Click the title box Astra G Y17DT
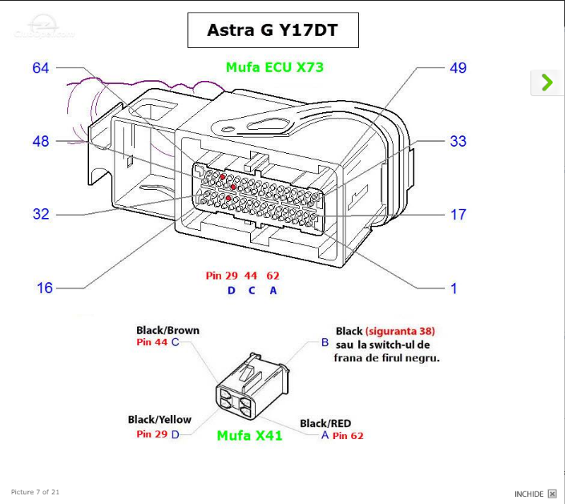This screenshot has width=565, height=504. [272, 30]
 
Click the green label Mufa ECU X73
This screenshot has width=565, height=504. [275, 67]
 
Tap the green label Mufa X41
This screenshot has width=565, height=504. [249, 436]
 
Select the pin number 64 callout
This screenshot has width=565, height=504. [41, 68]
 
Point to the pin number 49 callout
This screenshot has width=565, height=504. [458, 68]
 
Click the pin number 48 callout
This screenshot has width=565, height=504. [41, 141]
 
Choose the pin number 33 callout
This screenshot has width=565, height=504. [458, 141]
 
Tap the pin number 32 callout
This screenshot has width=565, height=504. [41, 214]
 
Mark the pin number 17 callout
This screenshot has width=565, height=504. [458, 214]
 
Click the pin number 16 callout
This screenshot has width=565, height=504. [45, 287]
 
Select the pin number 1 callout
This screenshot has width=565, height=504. [454, 287]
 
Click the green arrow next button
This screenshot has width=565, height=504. [547, 82]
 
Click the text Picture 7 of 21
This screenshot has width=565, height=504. [35, 491]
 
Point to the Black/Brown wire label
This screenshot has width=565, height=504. [167, 330]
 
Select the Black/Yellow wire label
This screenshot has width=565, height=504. [159, 419]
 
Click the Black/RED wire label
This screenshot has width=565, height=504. [325, 423]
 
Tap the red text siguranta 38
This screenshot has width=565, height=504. [400, 331]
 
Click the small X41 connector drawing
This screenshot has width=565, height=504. [250, 389]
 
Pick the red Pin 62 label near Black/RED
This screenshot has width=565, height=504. [348, 436]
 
